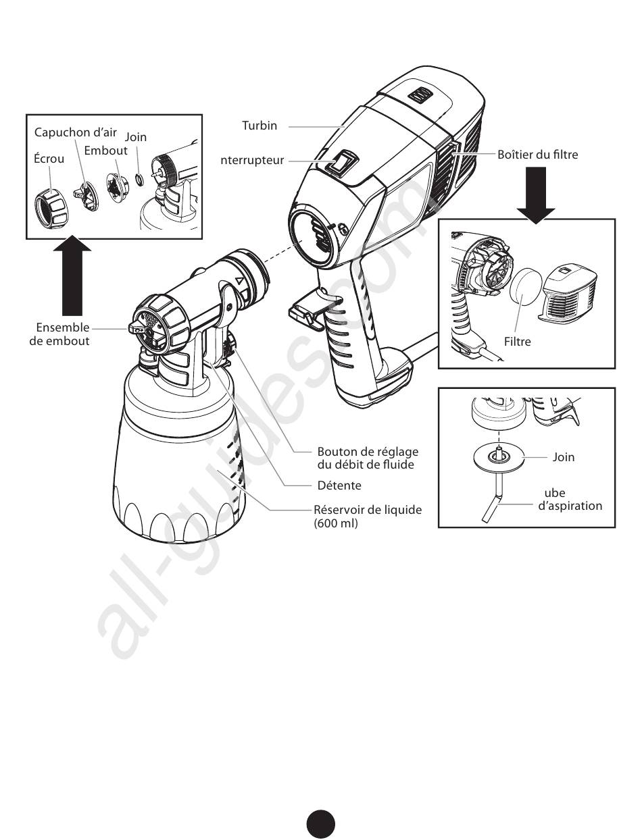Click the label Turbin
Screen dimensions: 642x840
point(260,126)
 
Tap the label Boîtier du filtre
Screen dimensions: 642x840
point(537,155)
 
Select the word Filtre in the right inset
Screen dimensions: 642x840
point(517,342)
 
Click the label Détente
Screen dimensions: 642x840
point(339,485)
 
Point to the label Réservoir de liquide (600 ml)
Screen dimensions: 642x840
point(368,517)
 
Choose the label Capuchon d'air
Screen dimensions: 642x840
point(76,132)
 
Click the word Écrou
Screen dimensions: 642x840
point(49,159)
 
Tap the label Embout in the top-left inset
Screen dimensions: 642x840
point(105,151)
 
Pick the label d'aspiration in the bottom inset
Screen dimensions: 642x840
point(570,506)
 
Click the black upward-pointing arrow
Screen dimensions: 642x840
point(72,275)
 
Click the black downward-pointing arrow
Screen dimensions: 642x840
point(536,195)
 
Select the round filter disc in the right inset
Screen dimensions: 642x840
point(525,291)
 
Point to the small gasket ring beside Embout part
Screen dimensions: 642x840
point(139,179)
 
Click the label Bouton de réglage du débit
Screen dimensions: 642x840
point(368,458)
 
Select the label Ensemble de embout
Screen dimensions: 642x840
point(59,334)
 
